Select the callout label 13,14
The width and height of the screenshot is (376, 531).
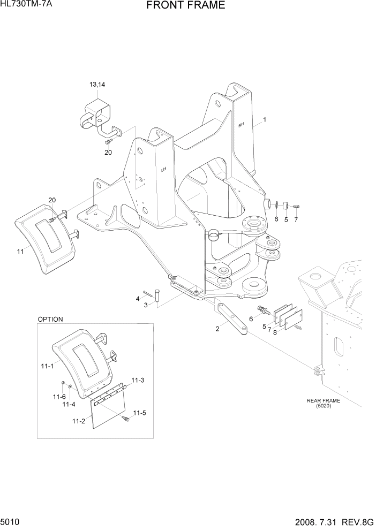coord(97,85)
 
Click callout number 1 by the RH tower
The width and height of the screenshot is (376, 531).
coord(264,120)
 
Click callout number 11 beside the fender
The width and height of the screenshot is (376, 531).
coord(20,251)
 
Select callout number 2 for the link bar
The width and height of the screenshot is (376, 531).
coord(217,329)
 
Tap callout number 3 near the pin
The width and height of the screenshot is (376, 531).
coord(145,305)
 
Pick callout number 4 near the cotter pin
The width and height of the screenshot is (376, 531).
coord(138,298)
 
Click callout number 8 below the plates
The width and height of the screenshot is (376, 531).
coord(275,332)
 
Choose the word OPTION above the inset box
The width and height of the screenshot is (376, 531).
coord(50,319)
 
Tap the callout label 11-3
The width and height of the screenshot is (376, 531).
coord(138,380)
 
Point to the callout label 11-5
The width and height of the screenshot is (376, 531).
coord(139,413)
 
